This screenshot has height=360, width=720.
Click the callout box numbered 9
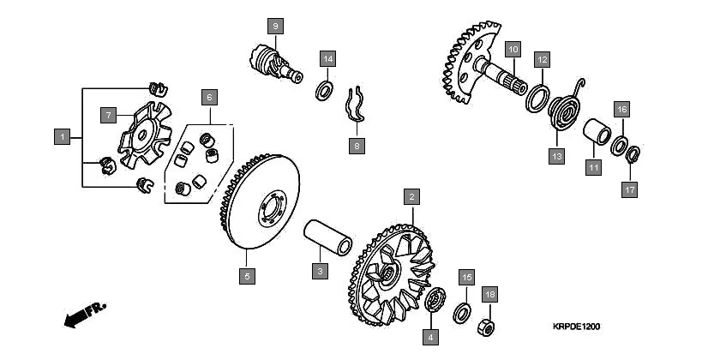pyautogui.click(x=275, y=27)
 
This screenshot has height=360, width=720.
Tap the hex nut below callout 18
pyautogui.click(x=486, y=327)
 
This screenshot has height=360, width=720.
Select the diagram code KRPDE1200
pyautogui.click(x=576, y=327)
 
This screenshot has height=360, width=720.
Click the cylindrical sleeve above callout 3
pyautogui.click(x=327, y=237)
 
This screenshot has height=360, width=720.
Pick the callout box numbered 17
pyautogui.click(x=629, y=189)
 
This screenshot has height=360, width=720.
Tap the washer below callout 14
pyautogui.click(x=325, y=91)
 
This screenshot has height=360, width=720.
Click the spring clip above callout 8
pyautogui.click(x=356, y=105)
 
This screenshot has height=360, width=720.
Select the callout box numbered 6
pyautogui.click(x=209, y=98)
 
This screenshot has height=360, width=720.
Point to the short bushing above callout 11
pyautogui.click(x=597, y=131)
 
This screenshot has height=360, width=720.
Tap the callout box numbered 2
pyautogui.click(x=412, y=196)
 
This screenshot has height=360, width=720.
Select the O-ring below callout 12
pyautogui.click(x=537, y=99)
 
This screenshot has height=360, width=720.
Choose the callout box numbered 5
pyautogui.click(x=247, y=276)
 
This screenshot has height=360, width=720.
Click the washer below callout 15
pyautogui.click(x=461, y=313)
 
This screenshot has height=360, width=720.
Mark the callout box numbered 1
pyautogui.click(x=62, y=137)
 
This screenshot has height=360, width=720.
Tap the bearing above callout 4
pyautogui.click(x=435, y=299)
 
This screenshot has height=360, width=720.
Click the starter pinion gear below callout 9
pyautogui.click(x=275, y=63)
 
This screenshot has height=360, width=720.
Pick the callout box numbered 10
pyautogui.click(x=513, y=49)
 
